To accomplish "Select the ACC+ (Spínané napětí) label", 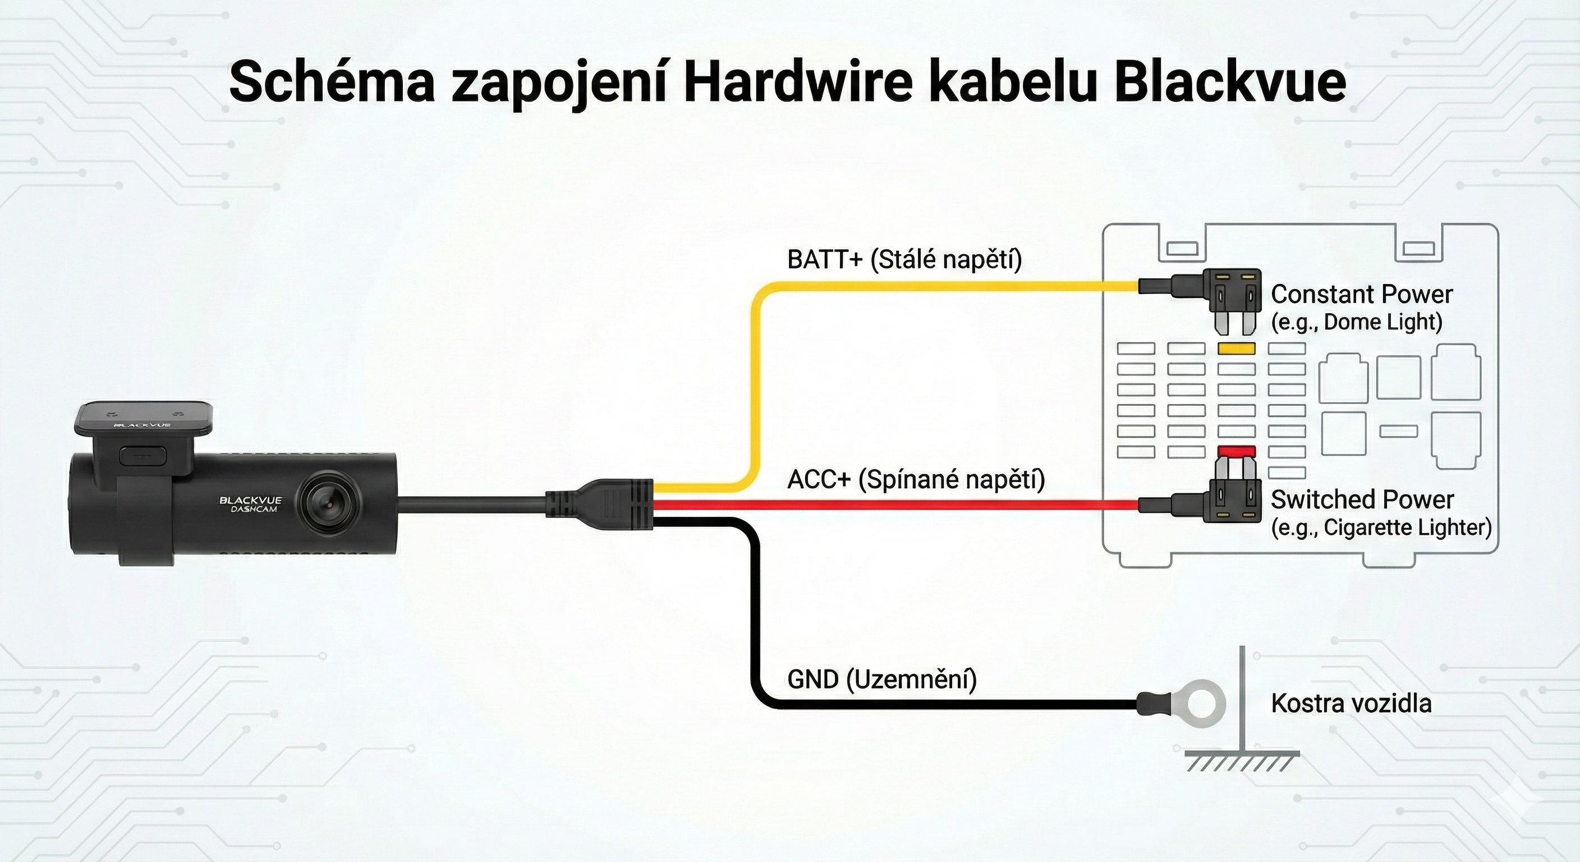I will pos(916,479).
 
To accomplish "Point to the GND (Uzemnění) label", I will pos(882,680).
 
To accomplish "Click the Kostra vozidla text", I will pos(1351,703).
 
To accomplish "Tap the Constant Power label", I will pos(1362,295).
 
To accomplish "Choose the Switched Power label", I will pos(1362,499).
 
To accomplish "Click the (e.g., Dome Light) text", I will pos(1357,322).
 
